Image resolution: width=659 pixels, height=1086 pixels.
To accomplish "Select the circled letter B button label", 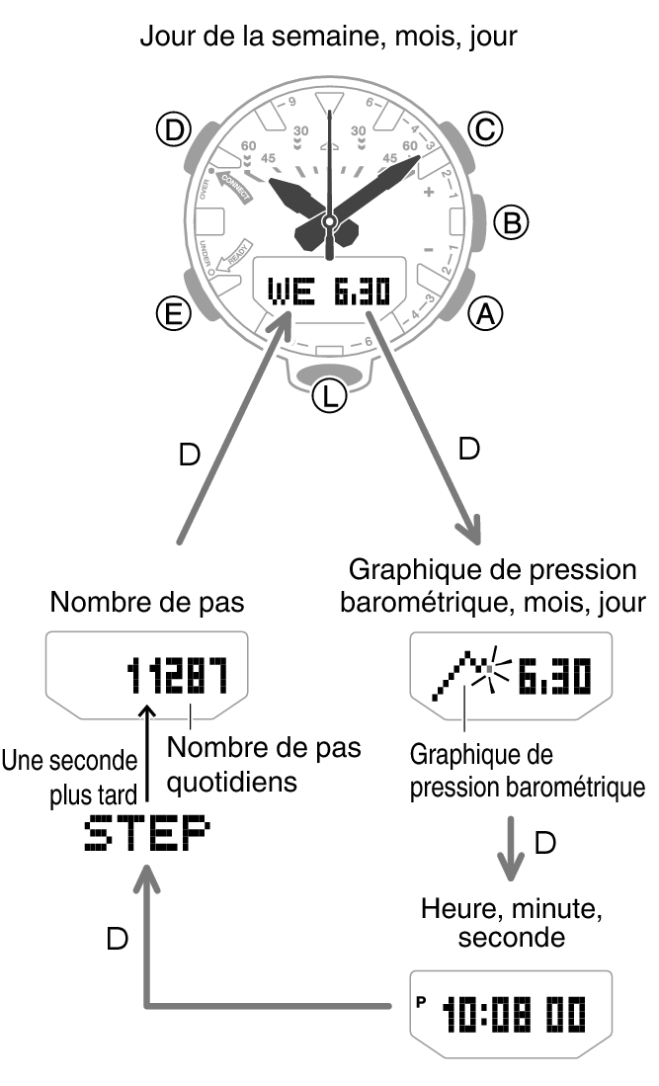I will click(x=511, y=222).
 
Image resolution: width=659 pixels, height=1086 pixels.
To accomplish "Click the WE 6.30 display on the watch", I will click(x=329, y=291).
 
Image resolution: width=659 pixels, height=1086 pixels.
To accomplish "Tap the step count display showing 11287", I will click(x=177, y=677).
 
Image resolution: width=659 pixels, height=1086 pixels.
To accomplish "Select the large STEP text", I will click(x=146, y=836).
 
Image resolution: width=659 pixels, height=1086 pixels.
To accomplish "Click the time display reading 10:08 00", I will click(x=514, y=1013).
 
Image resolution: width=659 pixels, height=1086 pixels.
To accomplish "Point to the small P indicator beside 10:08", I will click(x=420, y=1000).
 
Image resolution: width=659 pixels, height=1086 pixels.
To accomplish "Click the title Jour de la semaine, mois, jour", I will click(x=329, y=38).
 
